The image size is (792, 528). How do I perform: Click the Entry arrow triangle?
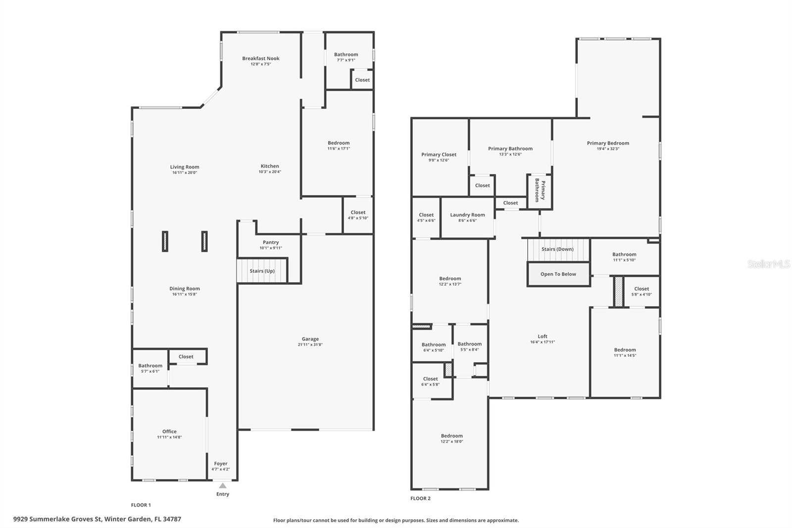pos(223,485)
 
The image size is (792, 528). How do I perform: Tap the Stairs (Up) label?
pos(262,271)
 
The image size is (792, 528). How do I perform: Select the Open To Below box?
pos(558,274)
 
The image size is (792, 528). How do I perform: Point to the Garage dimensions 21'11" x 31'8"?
pos(310,345)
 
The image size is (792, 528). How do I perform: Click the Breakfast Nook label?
pos(260,58)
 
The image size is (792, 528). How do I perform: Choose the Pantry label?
pos(271,242)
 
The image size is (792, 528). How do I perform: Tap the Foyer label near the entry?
pos(221,464)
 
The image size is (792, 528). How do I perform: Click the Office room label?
pos(169,431)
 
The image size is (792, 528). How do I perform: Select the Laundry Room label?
pos(467,215)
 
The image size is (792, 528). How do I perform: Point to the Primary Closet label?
pos(439,155)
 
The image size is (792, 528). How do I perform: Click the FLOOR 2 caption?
pos(420,498)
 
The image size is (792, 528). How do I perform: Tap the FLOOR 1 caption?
pos(141,505)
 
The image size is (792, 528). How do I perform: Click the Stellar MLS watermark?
pos(768,264)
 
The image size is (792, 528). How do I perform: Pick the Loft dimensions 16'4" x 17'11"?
pos(543,342)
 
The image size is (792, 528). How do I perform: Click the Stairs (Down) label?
pos(557,249)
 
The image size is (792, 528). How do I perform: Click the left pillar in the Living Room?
pos(165,241)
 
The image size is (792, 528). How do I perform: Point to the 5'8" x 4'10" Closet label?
pos(642,289)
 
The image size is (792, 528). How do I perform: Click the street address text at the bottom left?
pos(97,519)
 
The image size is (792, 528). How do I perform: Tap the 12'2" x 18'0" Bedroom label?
pos(451,436)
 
